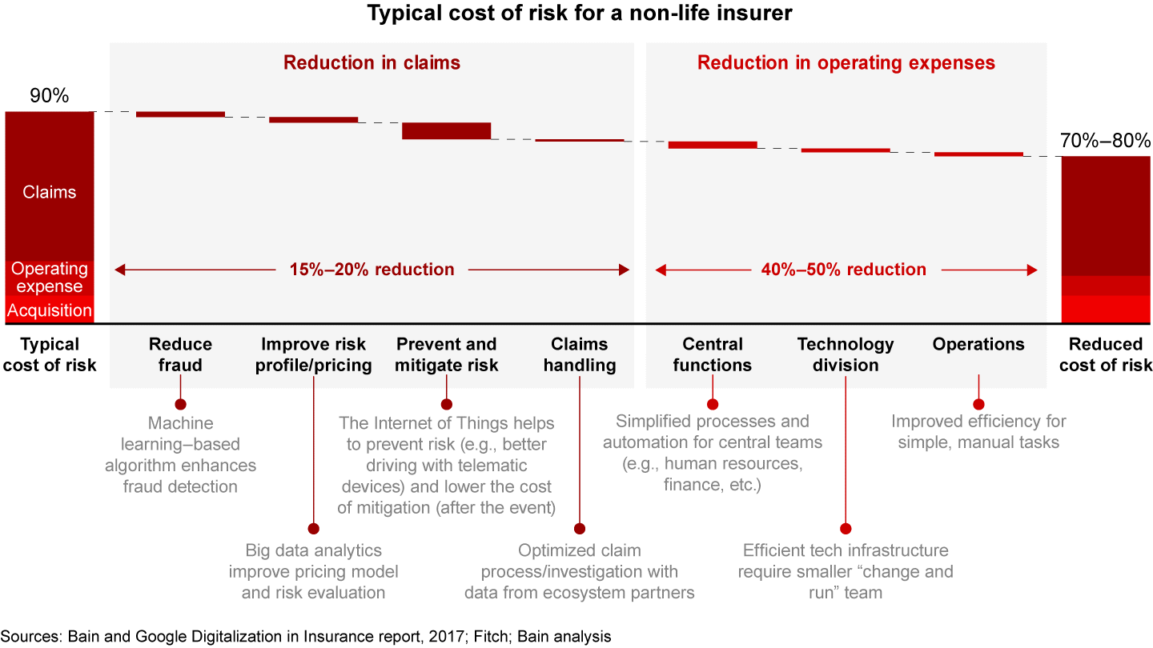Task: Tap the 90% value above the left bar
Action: [x=50, y=96]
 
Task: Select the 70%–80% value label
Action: [x=1105, y=141]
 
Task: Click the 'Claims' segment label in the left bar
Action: [x=50, y=192]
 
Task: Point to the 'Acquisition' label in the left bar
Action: [x=50, y=310]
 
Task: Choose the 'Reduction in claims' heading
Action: [x=372, y=62]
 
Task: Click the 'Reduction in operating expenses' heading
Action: [x=846, y=62]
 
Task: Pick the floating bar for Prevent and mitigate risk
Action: [x=446, y=130]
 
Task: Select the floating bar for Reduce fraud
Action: [x=180, y=114]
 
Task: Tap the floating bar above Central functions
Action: [x=713, y=145]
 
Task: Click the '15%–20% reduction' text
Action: [x=372, y=270]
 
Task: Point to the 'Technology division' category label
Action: [x=846, y=354]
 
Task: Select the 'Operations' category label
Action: [x=978, y=345]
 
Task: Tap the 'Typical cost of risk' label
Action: [x=50, y=354]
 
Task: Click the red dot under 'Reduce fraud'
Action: [x=180, y=404]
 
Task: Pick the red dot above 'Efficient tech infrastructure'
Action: [x=846, y=529]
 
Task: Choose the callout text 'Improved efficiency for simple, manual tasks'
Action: [x=978, y=431]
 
